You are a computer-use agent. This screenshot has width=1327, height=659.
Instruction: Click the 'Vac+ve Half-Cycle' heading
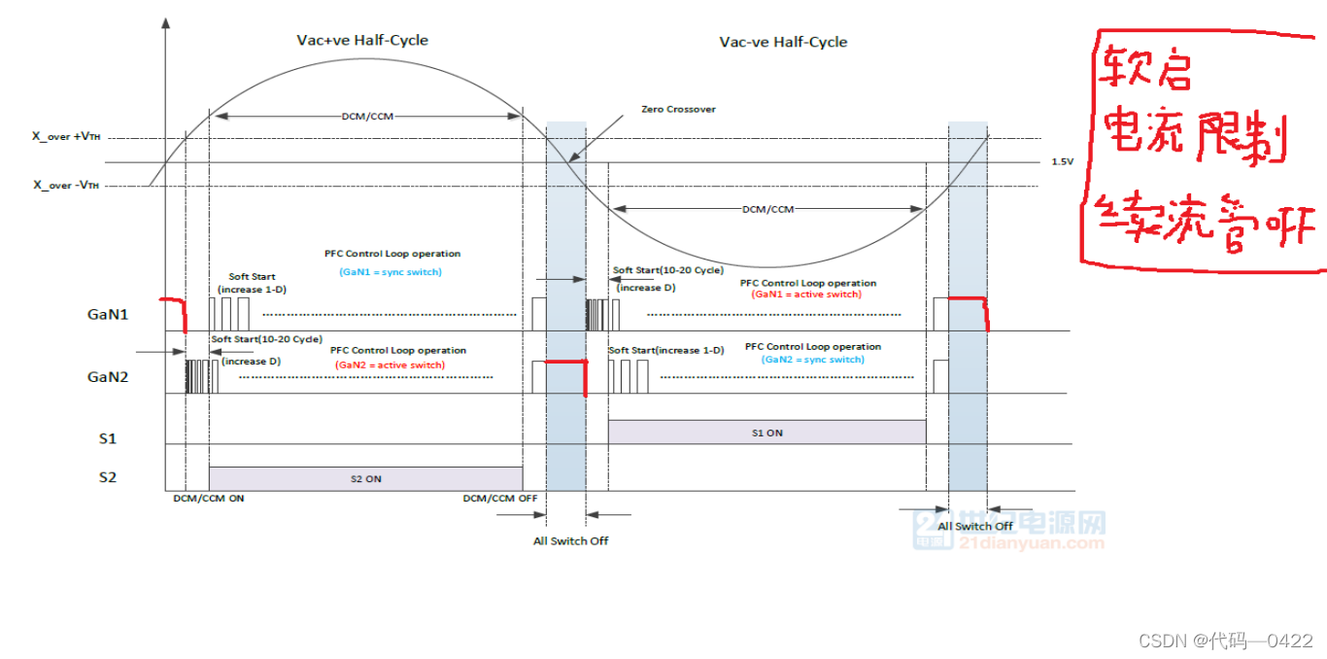point(362,41)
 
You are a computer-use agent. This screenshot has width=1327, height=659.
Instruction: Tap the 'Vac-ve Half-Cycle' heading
point(783,42)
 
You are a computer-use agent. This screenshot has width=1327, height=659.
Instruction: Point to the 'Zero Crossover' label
point(679,109)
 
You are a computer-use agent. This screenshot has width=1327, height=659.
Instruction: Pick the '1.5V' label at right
point(1061,162)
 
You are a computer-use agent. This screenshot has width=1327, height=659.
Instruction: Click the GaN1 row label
point(107,314)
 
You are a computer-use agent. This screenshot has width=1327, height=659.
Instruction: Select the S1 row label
point(107,438)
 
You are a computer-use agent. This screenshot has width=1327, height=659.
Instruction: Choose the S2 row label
point(107,477)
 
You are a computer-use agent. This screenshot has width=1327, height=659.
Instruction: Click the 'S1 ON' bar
point(766,433)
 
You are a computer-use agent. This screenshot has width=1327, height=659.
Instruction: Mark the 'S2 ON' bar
point(365,478)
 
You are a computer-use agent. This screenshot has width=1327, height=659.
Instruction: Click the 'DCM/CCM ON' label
point(209,498)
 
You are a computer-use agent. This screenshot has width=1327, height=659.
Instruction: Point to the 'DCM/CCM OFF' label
point(500,498)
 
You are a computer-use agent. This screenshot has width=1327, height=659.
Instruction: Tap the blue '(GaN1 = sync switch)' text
point(391,272)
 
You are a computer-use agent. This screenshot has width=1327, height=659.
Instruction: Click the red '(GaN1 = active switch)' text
point(806,295)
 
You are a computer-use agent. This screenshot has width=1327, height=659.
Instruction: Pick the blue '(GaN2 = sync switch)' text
point(813,360)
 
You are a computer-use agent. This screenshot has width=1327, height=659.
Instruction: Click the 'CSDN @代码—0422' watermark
point(1226,640)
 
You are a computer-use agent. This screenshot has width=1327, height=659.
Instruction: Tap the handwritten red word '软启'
point(1146,70)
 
